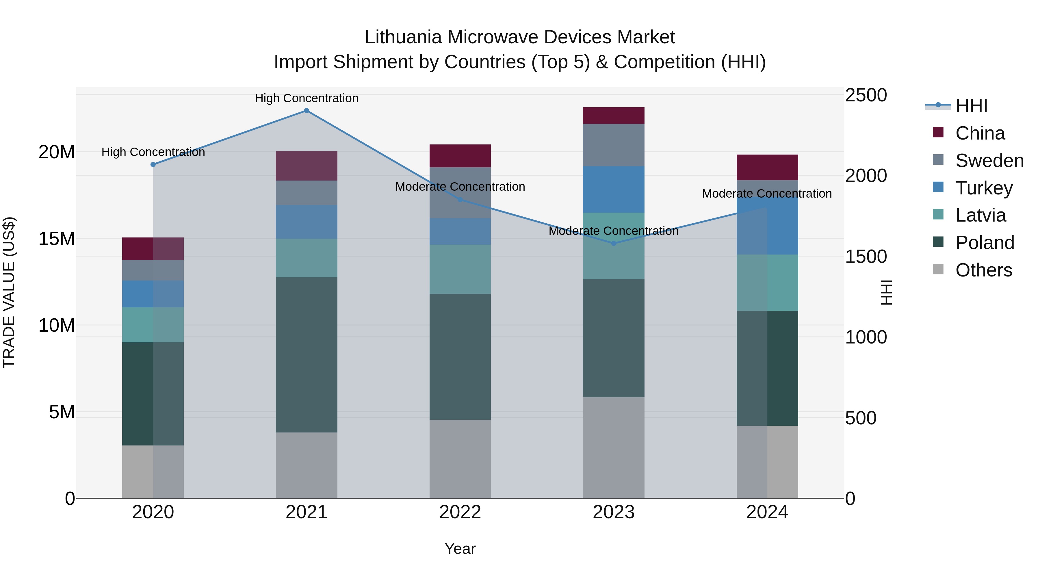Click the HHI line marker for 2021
(x=307, y=111)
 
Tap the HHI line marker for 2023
(x=614, y=244)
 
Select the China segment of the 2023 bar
(x=614, y=116)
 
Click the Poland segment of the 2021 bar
(x=307, y=354)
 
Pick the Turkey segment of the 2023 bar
(x=614, y=189)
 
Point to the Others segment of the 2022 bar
(x=460, y=459)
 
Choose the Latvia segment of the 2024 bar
(x=767, y=282)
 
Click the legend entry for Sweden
(x=989, y=161)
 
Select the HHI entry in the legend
(x=971, y=106)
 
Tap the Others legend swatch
(x=938, y=269)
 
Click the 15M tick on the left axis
(x=57, y=239)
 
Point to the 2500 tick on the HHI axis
(x=866, y=95)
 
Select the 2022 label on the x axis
(x=460, y=512)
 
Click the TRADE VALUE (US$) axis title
(x=9, y=292)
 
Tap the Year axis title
(x=460, y=549)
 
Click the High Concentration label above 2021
(x=307, y=98)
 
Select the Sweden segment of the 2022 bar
(x=460, y=193)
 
